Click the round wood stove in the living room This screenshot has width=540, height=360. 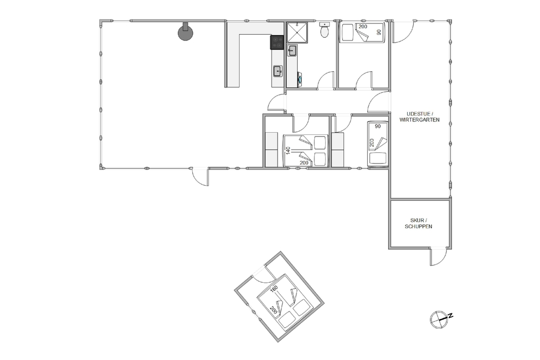186,32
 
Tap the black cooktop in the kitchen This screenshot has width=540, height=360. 277,43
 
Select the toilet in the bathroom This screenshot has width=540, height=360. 325,30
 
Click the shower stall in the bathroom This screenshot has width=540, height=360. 297,33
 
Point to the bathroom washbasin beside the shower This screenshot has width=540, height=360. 292,51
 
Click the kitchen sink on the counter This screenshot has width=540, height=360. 278,72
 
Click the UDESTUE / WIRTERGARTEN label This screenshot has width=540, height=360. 420,117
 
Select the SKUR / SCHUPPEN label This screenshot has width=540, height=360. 418,223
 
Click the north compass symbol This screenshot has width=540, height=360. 441,318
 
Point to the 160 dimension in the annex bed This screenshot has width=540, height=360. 274,290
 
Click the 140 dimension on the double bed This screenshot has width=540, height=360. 288,151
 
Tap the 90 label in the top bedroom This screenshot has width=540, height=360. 379,32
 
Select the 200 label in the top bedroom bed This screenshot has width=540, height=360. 363,26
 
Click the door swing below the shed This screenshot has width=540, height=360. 438,256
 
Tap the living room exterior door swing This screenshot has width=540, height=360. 200,177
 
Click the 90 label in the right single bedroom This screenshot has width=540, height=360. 378,126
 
